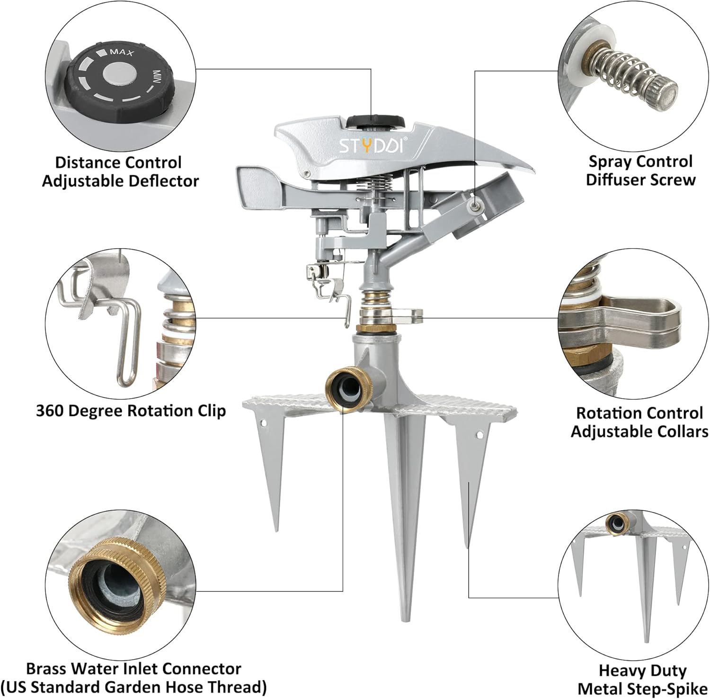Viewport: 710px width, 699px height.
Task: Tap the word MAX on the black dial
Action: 122,52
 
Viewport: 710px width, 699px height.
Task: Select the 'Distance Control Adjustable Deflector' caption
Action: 119,171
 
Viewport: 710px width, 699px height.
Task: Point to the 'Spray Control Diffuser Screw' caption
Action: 640,170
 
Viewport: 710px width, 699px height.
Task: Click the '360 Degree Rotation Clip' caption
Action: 131,411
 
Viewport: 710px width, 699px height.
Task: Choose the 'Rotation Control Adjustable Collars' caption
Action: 639,422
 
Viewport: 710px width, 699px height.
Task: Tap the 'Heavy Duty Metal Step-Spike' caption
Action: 642,679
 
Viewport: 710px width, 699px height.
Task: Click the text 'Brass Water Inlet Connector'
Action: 133,668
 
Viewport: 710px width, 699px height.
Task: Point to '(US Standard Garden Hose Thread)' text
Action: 133,687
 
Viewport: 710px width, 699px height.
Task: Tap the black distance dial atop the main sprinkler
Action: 375,121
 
